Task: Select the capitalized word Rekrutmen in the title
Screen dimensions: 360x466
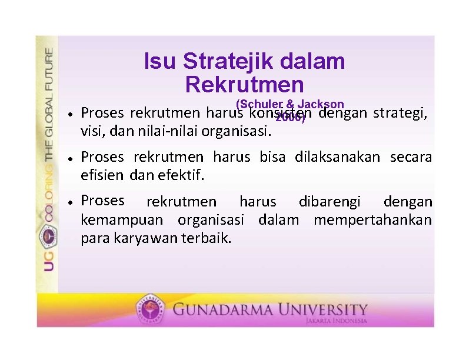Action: tap(244, 84)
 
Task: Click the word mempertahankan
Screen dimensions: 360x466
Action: tap(372, 221)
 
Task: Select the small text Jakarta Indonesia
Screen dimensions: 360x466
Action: tap(336, 321)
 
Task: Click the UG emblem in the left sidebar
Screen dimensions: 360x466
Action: tap(47, 238)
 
